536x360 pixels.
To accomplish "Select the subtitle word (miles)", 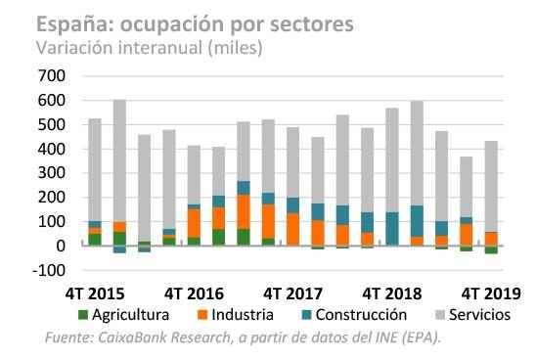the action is pos(235,47).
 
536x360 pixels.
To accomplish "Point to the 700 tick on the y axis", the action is pos(52,75).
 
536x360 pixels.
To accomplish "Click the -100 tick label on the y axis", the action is pos(49,270).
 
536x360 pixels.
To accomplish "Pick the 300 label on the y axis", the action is pos(52,173).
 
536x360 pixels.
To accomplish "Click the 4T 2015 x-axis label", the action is pos(95,293).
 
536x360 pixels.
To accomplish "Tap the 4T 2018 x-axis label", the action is pos(392,293).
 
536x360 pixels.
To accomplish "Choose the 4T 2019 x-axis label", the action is pos(491,293).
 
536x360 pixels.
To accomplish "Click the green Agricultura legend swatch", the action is pos(83,315).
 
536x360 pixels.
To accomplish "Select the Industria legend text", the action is pos(243,315).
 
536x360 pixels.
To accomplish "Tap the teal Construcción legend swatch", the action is pos(306,315).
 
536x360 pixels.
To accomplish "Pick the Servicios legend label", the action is pos(479,315).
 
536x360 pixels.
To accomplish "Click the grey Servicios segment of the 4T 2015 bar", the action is pos(95,169).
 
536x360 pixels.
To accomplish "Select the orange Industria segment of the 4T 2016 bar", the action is pos(195,223).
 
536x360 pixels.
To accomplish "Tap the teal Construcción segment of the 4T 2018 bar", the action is pos(392,229).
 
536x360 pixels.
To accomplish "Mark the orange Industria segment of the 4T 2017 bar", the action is pos(293,229).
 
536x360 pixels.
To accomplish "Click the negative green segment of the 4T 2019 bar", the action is pos(492,249).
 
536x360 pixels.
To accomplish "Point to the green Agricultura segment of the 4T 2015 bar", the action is pos(95,240).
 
